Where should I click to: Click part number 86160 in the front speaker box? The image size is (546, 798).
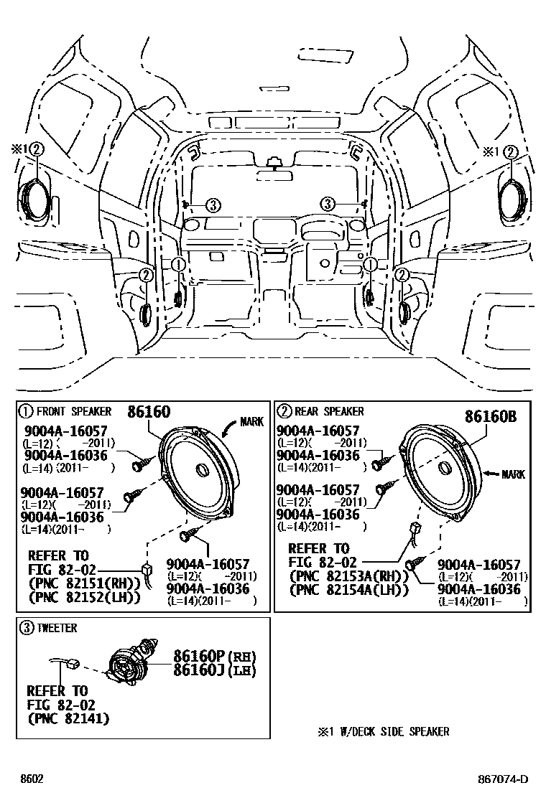click(149, 412)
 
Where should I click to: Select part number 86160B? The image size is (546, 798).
click(491, 417)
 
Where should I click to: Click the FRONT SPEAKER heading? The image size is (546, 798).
click(73, 411)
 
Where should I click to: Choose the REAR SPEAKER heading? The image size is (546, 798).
click(330, 411)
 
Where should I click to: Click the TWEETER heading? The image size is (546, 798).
click(57, 628)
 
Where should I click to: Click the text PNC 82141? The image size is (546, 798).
click(69, 718)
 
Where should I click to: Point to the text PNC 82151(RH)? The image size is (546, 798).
click(83, 582)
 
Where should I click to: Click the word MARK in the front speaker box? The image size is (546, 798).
click(251, 422)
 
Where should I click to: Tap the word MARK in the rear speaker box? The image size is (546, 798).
click(513, 474)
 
